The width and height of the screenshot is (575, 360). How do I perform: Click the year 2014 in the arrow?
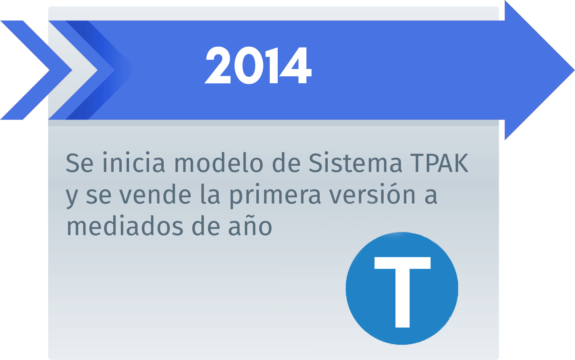258,66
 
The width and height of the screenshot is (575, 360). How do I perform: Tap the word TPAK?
439,163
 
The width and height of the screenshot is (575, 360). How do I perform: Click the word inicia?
134,163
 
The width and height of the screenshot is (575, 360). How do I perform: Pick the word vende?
155,195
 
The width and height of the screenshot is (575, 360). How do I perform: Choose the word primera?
275,195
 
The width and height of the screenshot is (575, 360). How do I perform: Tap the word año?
250,226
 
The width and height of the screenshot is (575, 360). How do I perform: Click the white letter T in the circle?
402,289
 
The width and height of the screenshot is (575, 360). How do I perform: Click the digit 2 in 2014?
218,66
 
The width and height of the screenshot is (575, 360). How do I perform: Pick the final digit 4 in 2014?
296,66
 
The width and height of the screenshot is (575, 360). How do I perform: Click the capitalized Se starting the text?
79,163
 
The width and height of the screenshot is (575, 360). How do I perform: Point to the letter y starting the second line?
72,197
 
